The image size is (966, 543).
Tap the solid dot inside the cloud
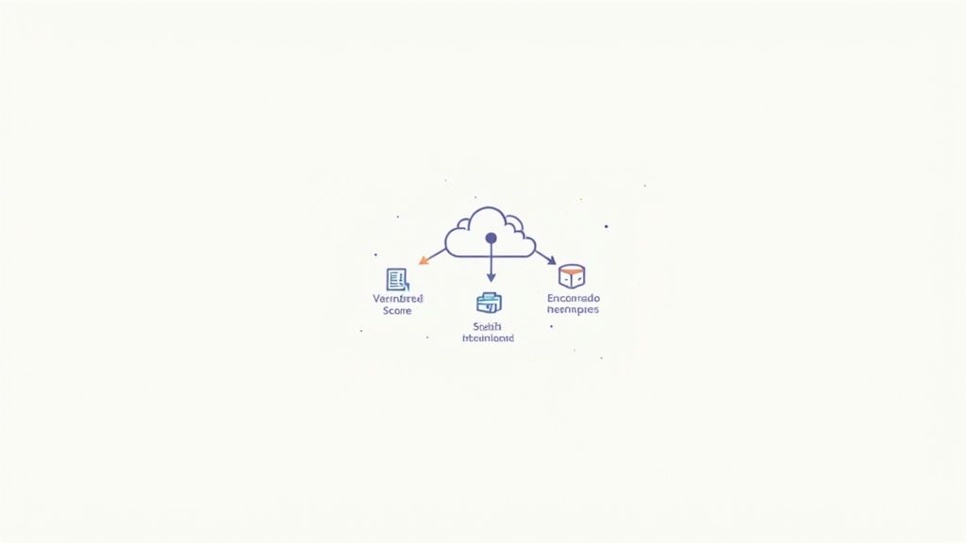(491, 239)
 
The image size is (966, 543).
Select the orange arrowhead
(425, 259)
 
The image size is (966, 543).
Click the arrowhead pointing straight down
(491, 277)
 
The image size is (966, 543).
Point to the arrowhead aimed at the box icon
(552, 259)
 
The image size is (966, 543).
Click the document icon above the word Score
(397, 279)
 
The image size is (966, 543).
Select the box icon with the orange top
(572, 276)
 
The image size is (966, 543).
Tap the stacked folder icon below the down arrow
(489, 303)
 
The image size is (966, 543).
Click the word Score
(397, 311)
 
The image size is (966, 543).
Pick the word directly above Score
(398, 298)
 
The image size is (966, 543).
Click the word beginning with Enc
(573, 298)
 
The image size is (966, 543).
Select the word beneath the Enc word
(573, 310)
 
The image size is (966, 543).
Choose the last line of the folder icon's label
(489, 337)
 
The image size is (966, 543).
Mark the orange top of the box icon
(572, 269)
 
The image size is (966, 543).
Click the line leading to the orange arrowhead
(437, 252)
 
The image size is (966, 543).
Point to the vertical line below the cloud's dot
(491, 259)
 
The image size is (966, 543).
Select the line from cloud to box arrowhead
(543, 254)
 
